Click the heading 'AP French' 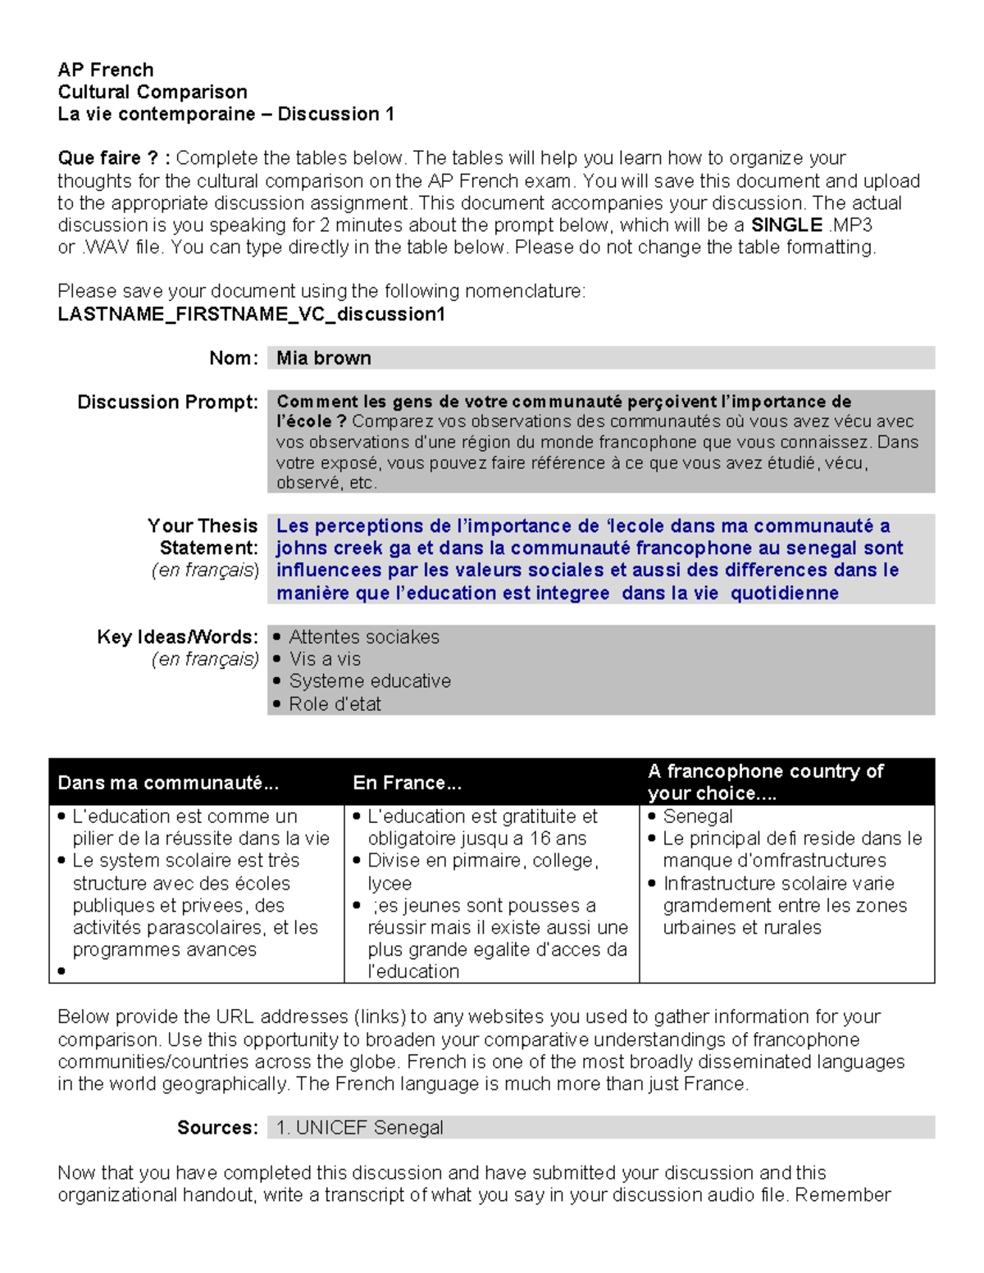[x=105, y=70]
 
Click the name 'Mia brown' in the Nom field [x=323, y=358]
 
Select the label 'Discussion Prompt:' [x=167, y=402]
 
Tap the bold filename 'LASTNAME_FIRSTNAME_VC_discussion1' [x=251, y=314]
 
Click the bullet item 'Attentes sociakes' [x=363, y=637]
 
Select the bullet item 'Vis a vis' [x=325, y=659]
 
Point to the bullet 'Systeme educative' [x=369, y=681]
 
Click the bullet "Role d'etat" [x=335, y=704]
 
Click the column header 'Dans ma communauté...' [x=168, y=783]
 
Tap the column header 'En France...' [x=407, y=783]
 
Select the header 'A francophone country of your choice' [x=764, y=781]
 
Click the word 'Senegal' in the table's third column [x=698, y=816]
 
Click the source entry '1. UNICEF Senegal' [x=360, y=1128]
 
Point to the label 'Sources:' [x=217, y=1128]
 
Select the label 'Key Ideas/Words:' [x=177, y=637]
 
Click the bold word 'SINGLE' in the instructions [x=786, y=225]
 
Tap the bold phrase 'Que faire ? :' [x=114, y=158]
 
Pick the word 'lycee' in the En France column [x=389, y=884]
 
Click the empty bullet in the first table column [x=61, y=972]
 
